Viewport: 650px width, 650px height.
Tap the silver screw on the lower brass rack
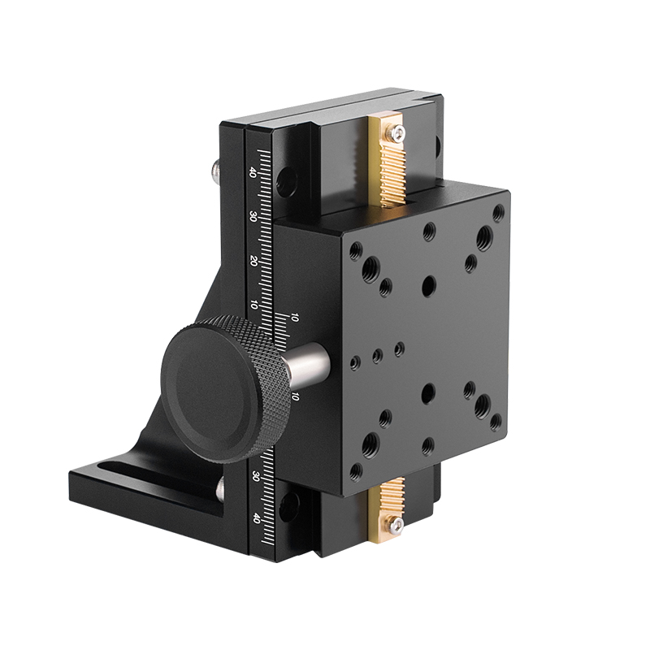(x=396, y=528)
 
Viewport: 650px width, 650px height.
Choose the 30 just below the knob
(x=256, y=474)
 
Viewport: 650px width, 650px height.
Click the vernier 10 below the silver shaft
(x=295, y=396)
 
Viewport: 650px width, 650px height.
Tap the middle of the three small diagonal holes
(x=376, y=354)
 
